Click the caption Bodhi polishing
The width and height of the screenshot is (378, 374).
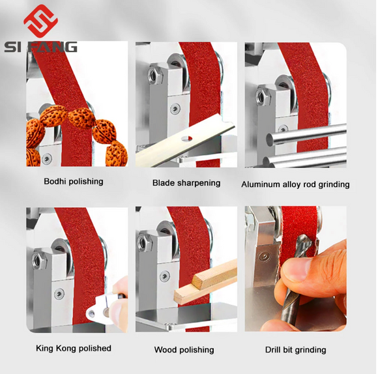coord(73,181)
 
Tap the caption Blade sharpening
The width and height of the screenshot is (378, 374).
coord(186,183)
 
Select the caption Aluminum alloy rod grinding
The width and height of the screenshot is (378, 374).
coord(295,184)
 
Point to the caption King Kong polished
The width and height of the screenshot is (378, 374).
coord(73,348)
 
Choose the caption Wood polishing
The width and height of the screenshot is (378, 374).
coord(184,350)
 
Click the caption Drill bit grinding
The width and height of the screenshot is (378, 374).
coord(295,350)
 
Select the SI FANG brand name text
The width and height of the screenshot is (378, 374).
coord(40,46)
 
